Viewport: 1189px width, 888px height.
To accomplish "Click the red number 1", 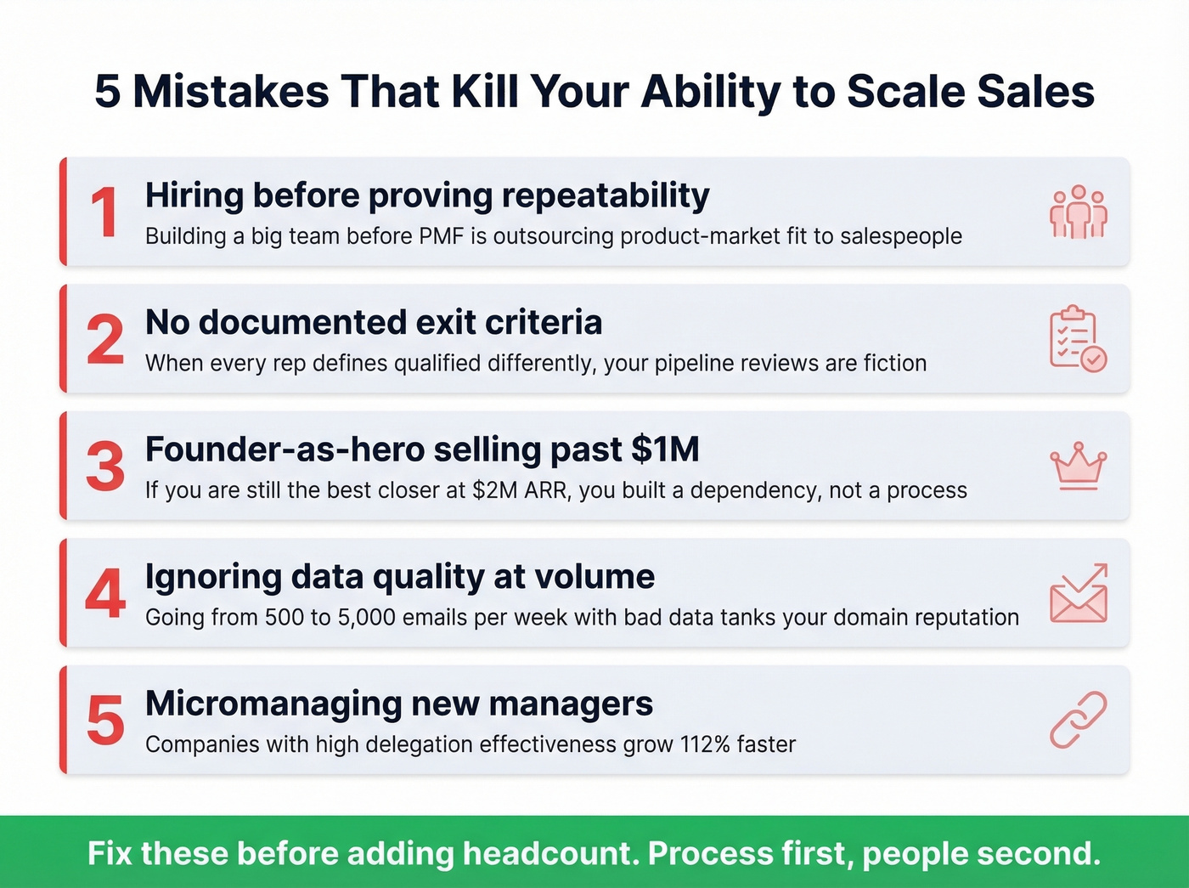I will point(104,212).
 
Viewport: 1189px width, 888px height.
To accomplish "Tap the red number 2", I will point(105,340).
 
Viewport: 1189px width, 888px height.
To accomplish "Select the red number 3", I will point(105,467).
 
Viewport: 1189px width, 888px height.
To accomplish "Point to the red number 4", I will point(105,594).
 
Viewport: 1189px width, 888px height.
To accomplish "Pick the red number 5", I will point(105,721).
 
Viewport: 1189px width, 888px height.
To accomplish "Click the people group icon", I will point(1078,212).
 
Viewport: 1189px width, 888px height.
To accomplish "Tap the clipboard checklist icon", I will point(1078,338).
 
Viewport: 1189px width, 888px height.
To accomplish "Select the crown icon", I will point(1078,466).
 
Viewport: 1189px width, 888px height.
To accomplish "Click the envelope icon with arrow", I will point(1078,593).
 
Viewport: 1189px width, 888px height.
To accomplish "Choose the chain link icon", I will point(1078,720).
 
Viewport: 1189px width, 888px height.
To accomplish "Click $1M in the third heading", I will point(665,450).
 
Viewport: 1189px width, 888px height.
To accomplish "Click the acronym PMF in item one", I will point(441,236).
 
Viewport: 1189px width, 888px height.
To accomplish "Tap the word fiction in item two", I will point(894,364).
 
